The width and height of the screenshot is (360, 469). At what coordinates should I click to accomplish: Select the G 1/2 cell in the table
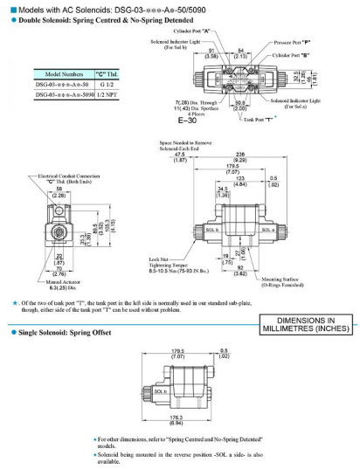click(x=111, y=84)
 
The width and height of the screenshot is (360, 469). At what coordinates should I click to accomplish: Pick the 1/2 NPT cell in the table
click(x=111, y=93)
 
